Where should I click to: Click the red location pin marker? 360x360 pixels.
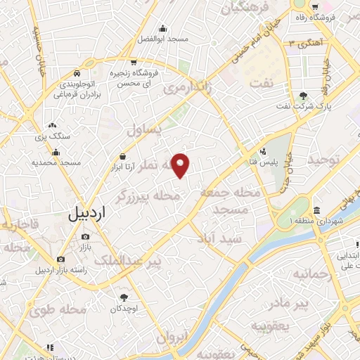coord(181,165)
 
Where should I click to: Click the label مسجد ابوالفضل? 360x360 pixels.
coord(163,39)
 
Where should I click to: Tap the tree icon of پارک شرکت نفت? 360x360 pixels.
coord(303,96)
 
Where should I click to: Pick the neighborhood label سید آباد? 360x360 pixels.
coord(240,239)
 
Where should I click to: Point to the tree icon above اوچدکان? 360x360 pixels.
coord(124,297)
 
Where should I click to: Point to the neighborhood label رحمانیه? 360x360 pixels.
coord(311,273)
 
